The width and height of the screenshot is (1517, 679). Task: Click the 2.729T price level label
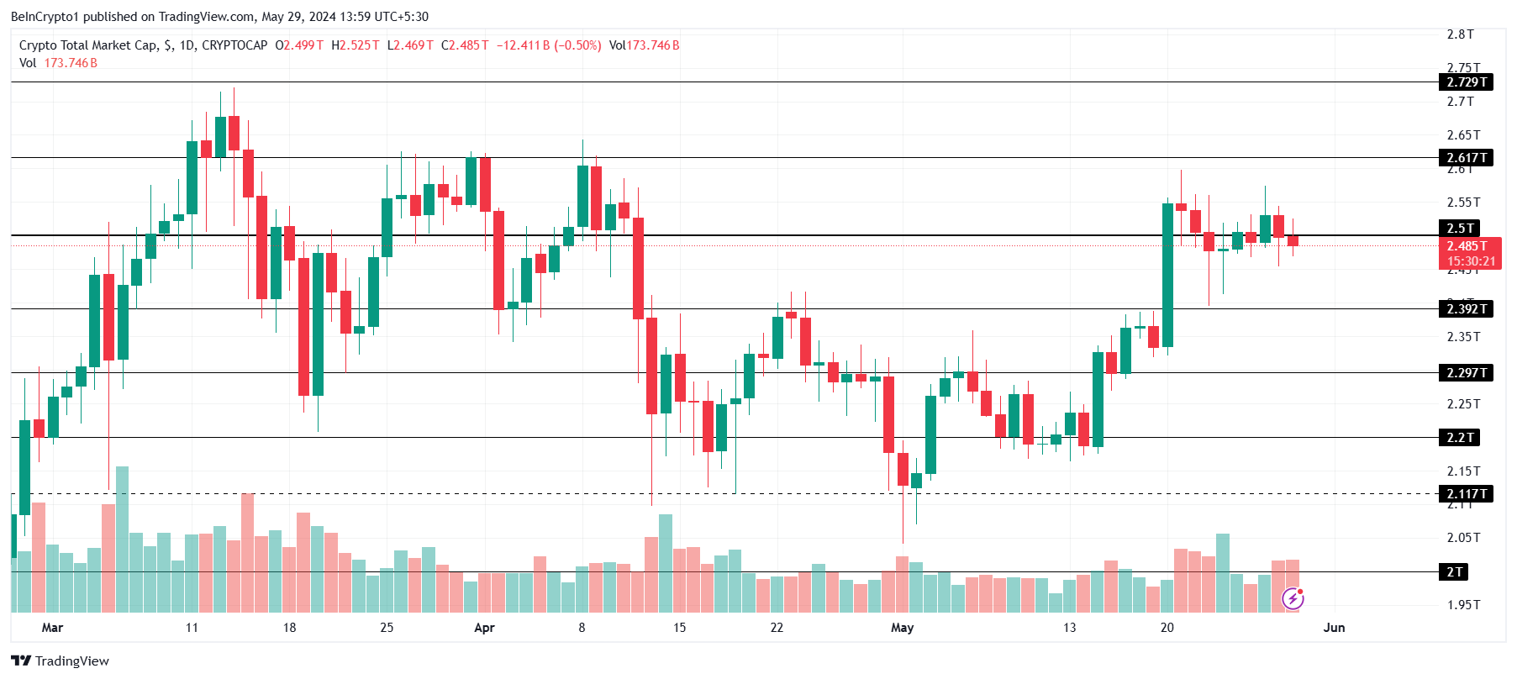pos(1467,82)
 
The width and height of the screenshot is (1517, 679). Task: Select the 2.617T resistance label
pos(1467,158)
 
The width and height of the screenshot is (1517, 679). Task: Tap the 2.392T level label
pos(1467,309)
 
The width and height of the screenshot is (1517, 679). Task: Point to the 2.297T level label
pos(1467,373)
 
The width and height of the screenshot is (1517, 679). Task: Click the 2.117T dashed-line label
pos(1467,494)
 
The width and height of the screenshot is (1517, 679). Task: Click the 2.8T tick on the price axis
pos(1460,34)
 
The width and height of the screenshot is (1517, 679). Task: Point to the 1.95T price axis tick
pos(1463,605)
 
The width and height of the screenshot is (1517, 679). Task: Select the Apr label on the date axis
pos(484,628)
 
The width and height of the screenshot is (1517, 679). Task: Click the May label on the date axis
pos(902,628)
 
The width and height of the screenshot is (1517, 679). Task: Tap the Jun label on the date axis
pos(1334,628)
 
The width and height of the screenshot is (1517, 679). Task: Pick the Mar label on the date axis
pos(52,628)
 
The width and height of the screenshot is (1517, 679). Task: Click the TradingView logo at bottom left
pos(60,661)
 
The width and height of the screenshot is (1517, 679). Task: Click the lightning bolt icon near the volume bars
pos(1293,598)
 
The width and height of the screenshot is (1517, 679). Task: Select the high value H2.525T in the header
pos(356,45)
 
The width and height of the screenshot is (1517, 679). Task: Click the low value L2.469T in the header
pos(410,45)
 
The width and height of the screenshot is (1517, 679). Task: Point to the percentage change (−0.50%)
pos(577,45)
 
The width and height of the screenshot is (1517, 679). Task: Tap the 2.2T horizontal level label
pos(1460,438)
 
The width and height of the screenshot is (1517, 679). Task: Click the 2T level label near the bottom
pos(1455,572)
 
